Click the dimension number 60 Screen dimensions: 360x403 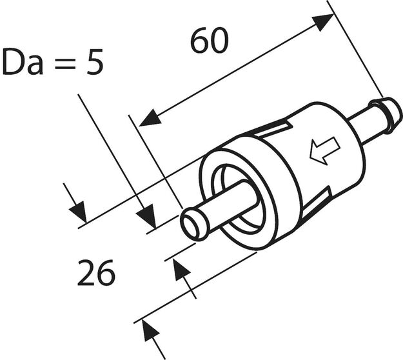click(210, 41)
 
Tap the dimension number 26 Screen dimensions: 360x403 click(96, 274)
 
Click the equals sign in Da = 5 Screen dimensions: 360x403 click(61, 64)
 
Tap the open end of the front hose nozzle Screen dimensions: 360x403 click(193, 225)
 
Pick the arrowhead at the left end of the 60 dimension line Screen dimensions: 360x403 click(150, 118)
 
